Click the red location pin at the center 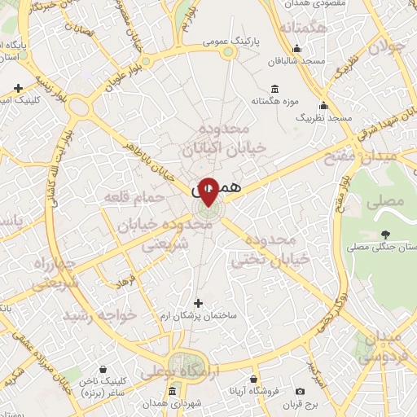(208, 191)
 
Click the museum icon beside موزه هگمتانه (274, 89)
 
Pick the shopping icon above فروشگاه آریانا (253, 380)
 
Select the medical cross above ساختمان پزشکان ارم (198, 303)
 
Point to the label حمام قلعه (129, 198)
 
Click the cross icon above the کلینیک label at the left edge (18, 88)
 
